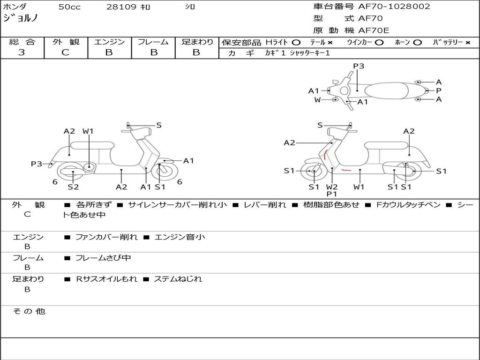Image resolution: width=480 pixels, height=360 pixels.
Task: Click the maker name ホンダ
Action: point(15,7)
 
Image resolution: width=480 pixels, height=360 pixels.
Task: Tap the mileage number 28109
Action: point(121,7)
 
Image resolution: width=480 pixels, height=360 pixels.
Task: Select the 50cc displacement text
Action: point(69,7)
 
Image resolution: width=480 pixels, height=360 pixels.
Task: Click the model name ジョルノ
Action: point(21,19)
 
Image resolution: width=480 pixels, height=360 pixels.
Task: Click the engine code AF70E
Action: point(373,31)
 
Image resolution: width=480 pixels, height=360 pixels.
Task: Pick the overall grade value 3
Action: point(22,52)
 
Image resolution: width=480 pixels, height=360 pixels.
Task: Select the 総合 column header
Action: point(22,42)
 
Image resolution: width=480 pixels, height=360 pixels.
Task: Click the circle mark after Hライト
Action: point(296,42)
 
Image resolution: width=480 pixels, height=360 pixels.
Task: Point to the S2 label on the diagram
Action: point(73,187)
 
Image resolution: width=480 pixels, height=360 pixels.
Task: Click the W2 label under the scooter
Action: point(332,187)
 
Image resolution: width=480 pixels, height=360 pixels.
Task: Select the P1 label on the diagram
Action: point(332,194)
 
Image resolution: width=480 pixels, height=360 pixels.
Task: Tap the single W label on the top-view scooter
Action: point(317,100)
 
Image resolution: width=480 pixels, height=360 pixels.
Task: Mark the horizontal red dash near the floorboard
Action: point(346,170)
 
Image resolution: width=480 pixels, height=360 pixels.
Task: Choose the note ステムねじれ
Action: point(178,279)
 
